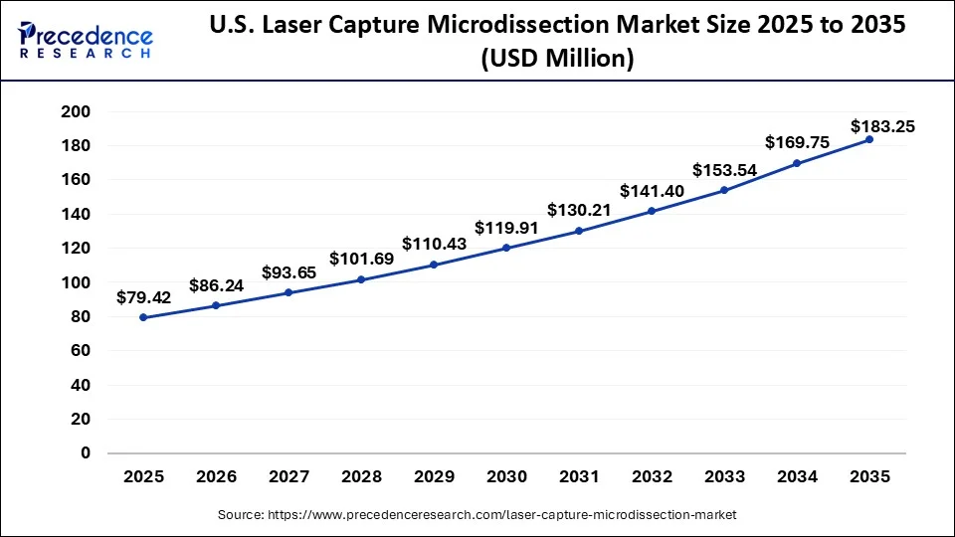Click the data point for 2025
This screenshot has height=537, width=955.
pos(143,317)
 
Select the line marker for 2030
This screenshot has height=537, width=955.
pos(506,248)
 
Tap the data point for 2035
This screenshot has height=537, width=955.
pos(868,139)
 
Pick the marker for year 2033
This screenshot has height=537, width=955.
pos(723,190)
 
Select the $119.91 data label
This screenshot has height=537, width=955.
pos(506,228)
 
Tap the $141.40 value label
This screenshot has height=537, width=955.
pos(652,190)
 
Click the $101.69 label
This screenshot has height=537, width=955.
pos(361,259)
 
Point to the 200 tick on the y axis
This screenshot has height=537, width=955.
pos(77,111)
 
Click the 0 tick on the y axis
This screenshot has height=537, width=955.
pos(85,452)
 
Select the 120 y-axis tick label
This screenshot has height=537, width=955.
pos(77,248)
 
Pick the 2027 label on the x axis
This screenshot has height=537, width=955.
pos(288,477)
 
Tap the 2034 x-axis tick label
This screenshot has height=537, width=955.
pos(796,477)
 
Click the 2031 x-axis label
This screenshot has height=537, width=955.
pos(579,477)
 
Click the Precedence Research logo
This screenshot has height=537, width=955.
pos(86,41)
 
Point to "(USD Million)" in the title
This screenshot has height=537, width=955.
pos(556,60)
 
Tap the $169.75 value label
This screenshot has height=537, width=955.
pos(797,142)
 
